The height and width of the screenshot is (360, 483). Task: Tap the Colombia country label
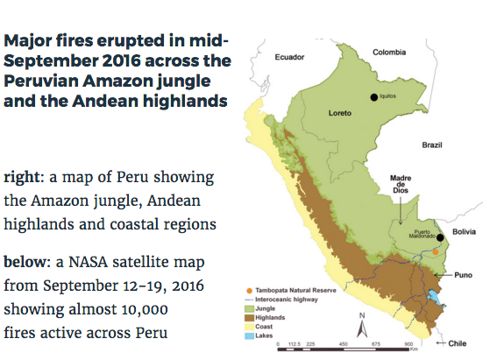(x=390, y=52)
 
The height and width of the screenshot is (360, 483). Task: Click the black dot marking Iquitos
(x=374, y=98)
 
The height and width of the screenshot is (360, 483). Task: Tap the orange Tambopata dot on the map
(x=436, y=252)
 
